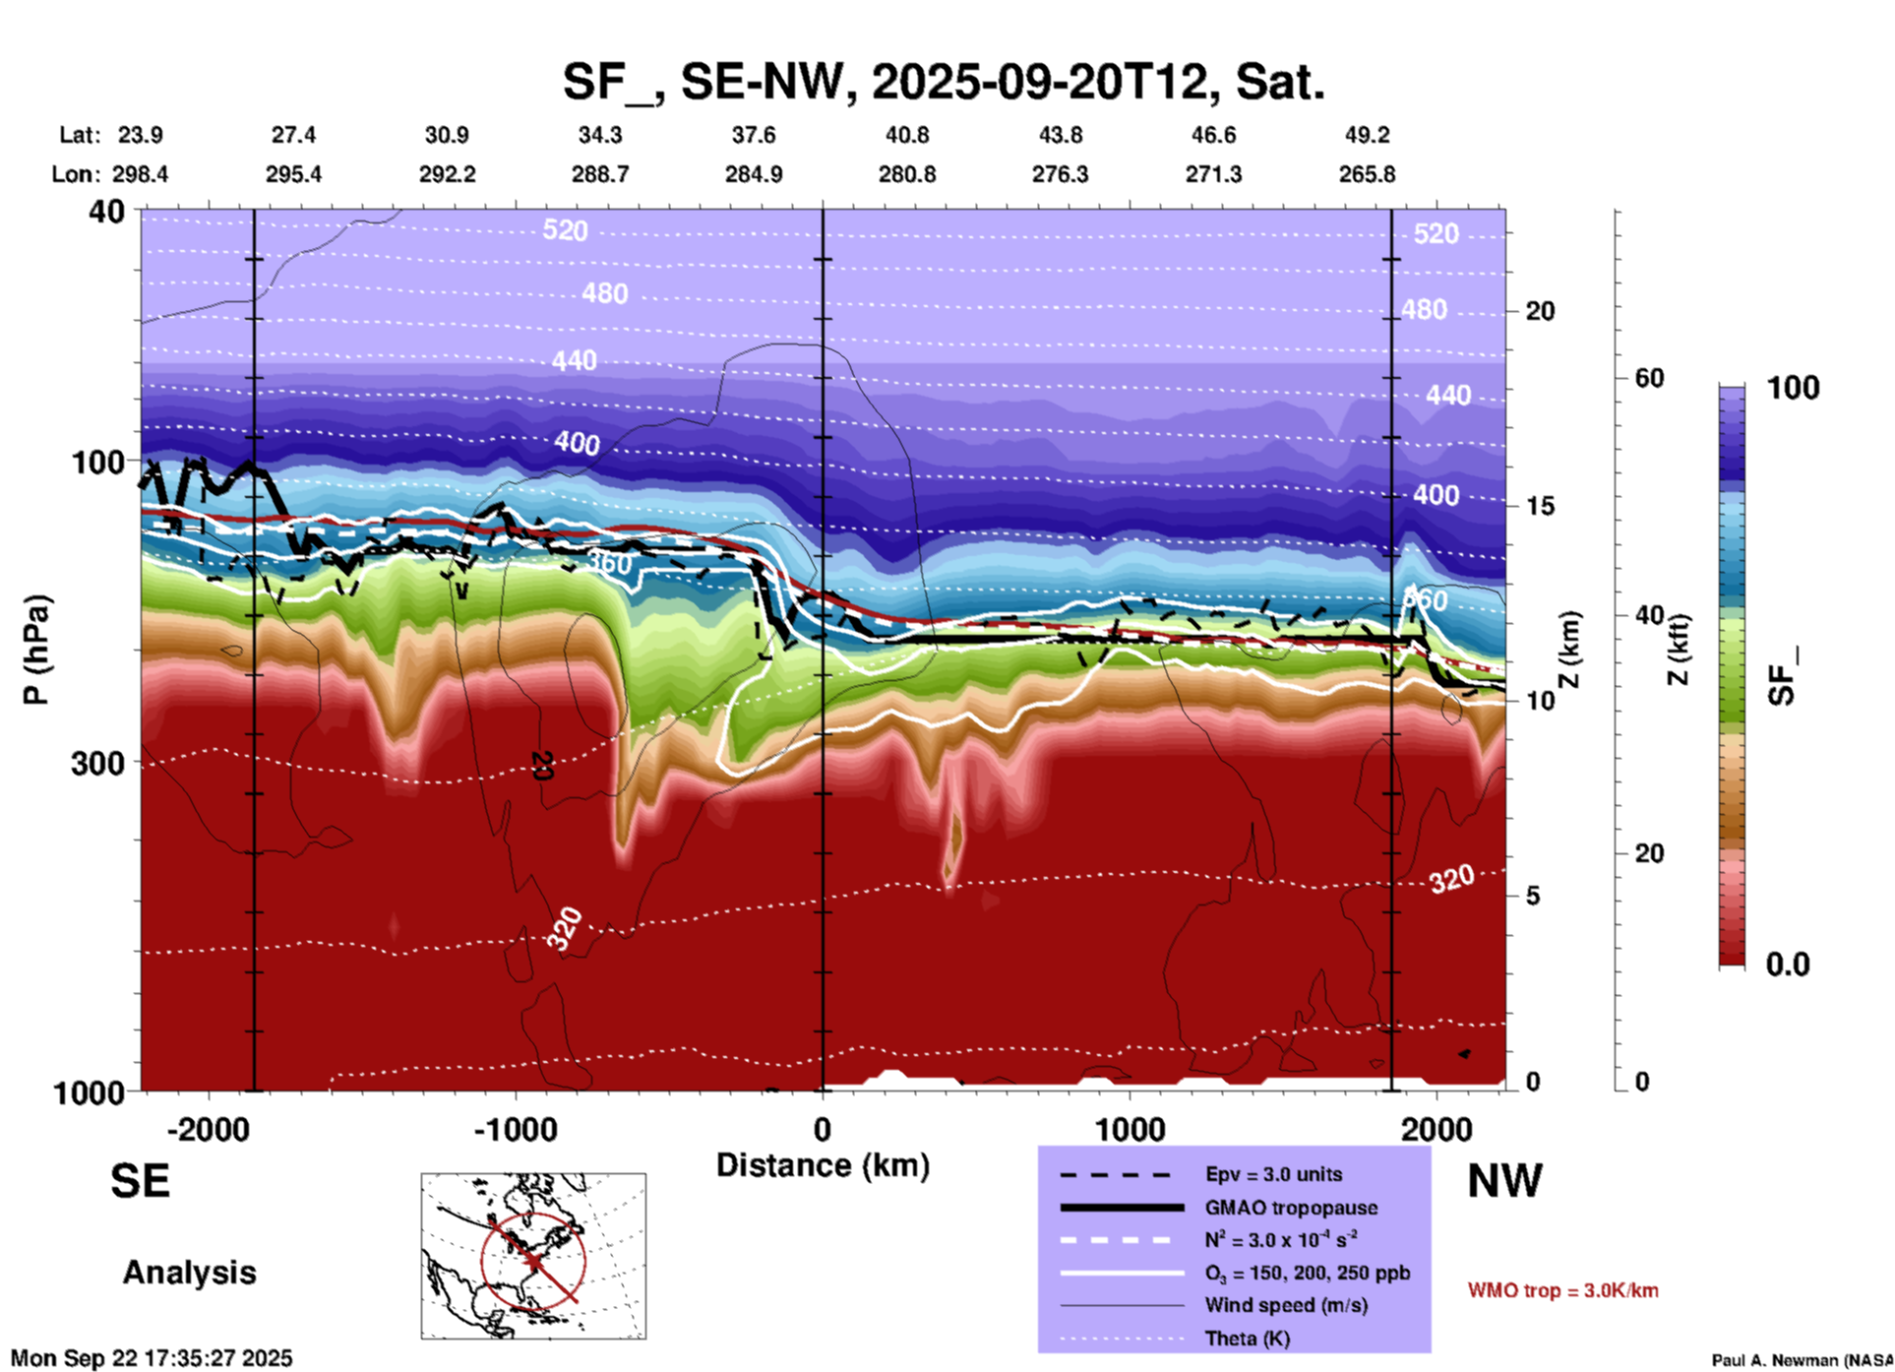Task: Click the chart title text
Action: (943, 82)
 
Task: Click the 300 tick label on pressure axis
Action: (98, 763)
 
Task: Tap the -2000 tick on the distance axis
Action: (208, 1130)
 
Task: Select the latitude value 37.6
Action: (754, 135)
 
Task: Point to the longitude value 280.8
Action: (906, 175)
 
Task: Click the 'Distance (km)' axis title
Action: (823, 1165)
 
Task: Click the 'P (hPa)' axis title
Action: (36, 650)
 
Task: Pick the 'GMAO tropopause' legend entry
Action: (1291, 1208)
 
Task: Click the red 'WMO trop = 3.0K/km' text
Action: (1562, 1290)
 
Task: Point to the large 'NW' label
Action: (1504, 1181)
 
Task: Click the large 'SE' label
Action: (140, 1181)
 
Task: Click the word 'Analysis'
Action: (189, 1273)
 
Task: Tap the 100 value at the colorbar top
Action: (1793, 388)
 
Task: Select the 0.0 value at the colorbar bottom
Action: (1788, 965)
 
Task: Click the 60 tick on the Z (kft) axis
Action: (1648, 378)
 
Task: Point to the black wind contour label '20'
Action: (540, 765)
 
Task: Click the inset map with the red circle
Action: (533, 1255)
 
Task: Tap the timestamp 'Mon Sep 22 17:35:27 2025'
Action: (152, 1358)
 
